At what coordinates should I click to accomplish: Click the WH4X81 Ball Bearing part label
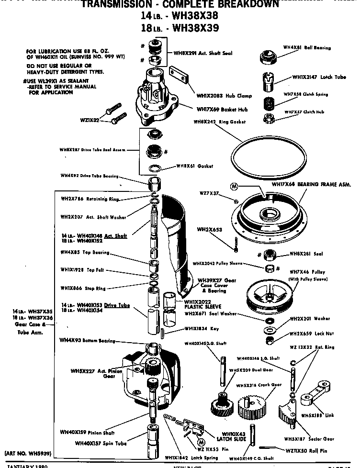coord(314,48)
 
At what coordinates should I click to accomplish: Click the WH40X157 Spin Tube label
coord(99,443)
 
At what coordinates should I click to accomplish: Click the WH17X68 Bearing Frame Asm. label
coord(311,184)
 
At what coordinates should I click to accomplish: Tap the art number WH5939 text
coord(27,452)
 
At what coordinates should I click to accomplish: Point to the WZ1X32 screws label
coord(90,120)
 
